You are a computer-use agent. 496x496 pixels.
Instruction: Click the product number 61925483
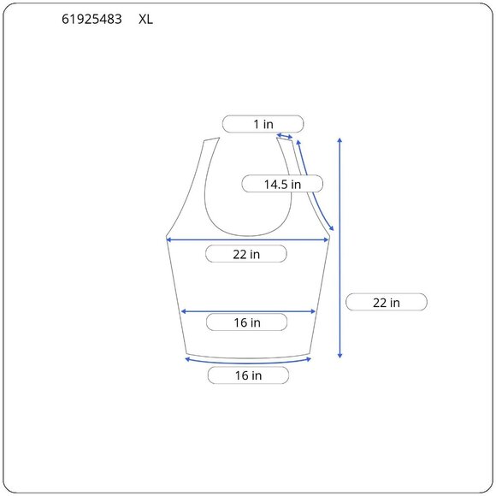tap(92, 20)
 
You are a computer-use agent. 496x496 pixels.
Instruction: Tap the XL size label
tap(146, 20)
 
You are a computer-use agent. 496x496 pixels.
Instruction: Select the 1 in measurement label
tap(263, 124)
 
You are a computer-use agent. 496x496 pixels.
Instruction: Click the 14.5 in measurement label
tap(282, 184)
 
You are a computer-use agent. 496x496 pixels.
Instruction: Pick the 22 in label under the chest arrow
tap(246, 254)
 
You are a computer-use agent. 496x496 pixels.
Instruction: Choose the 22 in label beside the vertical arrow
tap(387, 303)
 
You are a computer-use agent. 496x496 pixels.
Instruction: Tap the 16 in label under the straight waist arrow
tap(247, 322)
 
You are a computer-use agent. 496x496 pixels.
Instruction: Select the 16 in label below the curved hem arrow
tap(248, 375)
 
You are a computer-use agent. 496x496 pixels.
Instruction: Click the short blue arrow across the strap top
tap(285, 136)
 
